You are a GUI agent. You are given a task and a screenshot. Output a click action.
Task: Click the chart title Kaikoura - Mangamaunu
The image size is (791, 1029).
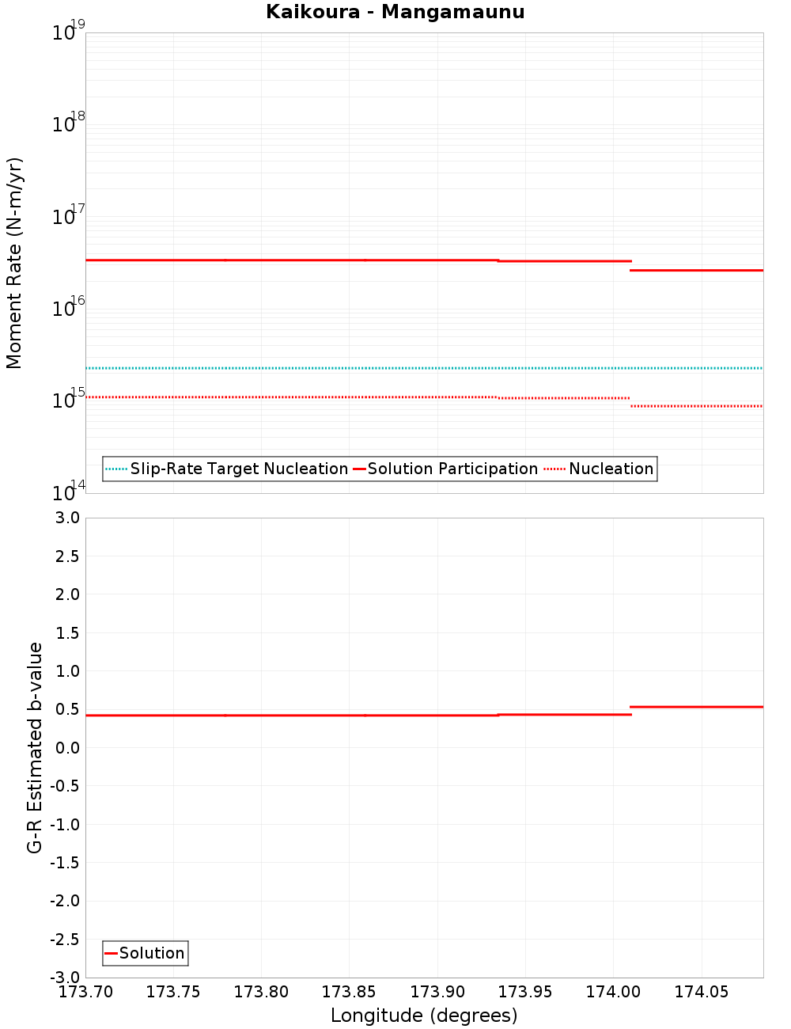click(x=395, y=12)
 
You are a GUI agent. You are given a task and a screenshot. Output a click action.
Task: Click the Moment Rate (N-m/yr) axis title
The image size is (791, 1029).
click(x=14, y=263)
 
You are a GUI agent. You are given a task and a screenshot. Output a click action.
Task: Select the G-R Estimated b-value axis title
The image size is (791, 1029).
click(x=35, y=747)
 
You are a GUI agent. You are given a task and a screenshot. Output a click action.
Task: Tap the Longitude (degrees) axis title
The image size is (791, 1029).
click(x=424, y=1016)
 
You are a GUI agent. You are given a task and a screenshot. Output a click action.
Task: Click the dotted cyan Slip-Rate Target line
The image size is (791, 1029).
click(x=395, y=368)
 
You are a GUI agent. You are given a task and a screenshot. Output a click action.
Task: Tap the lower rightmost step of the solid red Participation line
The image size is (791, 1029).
click(x=696, y=271)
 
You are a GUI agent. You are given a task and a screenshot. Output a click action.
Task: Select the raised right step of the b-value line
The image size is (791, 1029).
click(x=696, y=707)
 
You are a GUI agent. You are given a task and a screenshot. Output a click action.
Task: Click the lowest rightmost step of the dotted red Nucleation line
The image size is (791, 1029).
click(x=696, y=406)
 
